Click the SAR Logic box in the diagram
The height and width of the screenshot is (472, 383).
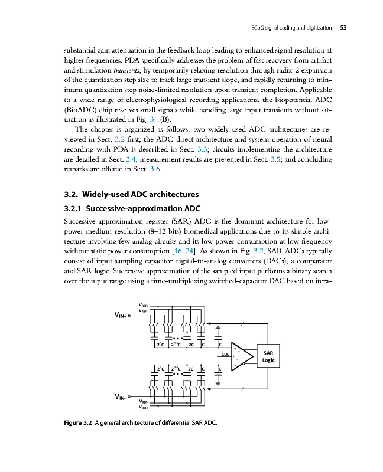(x=267, y=358)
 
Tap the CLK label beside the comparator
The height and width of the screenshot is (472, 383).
(x=225, y=354)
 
